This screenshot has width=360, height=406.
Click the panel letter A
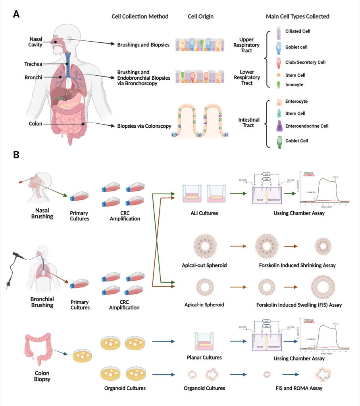tap(16, 14)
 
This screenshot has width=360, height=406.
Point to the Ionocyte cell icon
tap(279, 84)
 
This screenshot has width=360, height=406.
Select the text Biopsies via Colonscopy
tap(144, 126)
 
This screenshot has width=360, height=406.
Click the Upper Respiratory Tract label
tap(249, 45)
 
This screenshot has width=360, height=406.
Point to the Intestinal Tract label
tap(249, 123)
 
